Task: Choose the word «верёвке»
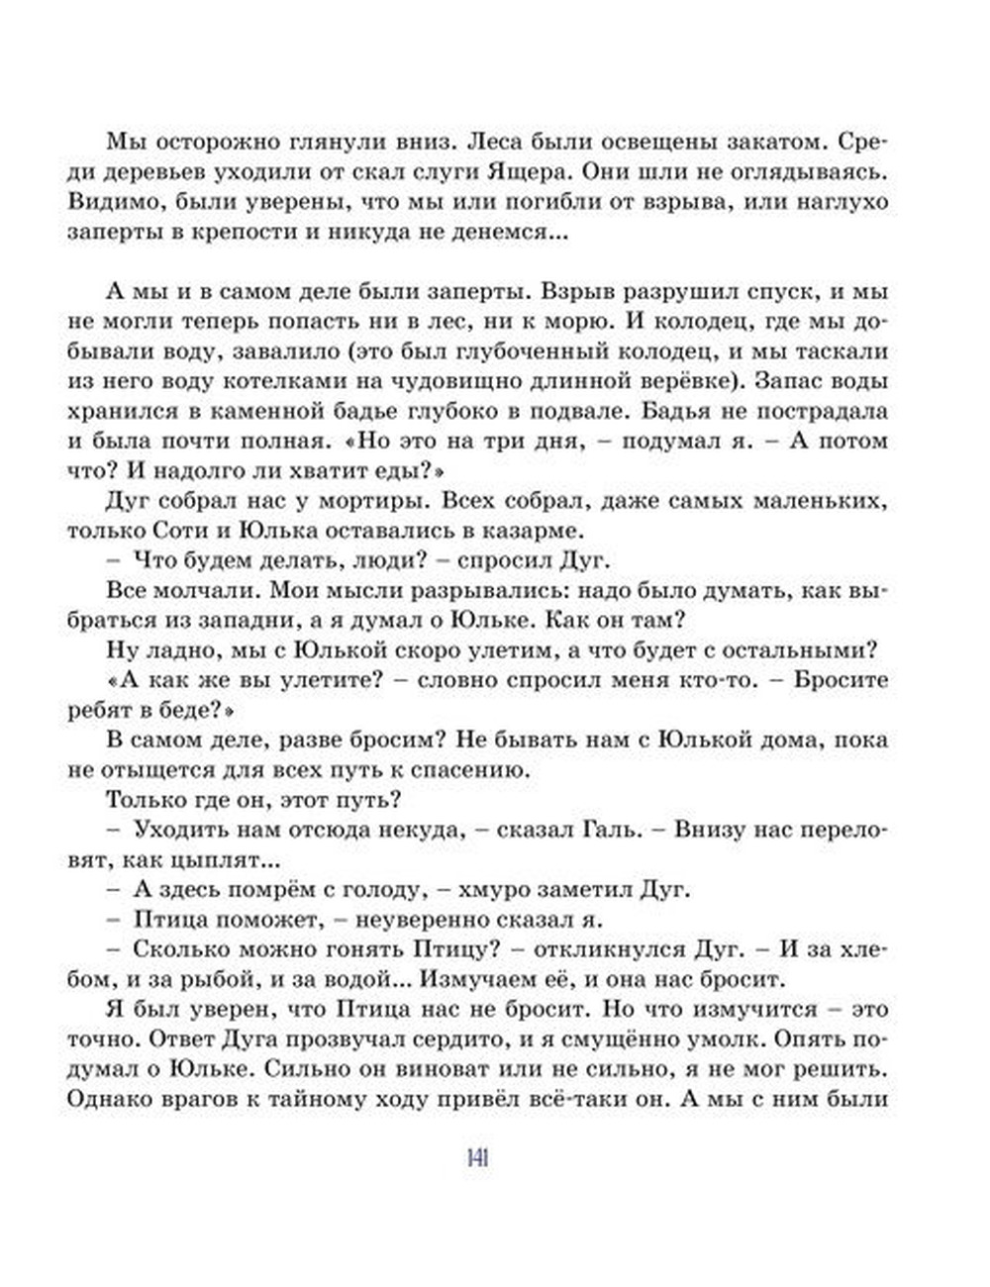[689, 380]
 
